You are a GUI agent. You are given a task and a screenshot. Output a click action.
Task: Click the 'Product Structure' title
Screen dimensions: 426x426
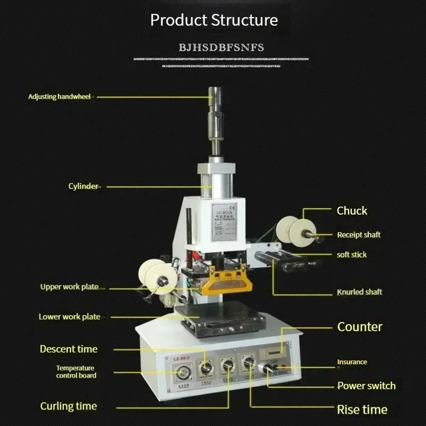(214, 20)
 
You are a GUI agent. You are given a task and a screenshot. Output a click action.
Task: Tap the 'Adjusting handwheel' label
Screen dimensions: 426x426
(59, 96)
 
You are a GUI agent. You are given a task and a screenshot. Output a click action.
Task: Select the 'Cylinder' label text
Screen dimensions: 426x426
(83, 186)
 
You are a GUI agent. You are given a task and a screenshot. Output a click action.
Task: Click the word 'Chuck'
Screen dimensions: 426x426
(351, 211)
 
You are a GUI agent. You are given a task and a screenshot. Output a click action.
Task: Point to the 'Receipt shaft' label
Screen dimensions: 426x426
(358, 234)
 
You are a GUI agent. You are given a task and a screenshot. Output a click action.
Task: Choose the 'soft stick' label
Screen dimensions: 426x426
(351, 255)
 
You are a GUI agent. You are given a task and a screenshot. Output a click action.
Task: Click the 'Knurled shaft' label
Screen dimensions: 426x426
(359, 292)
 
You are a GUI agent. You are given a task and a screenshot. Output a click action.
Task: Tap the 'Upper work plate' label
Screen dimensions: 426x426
(69, 286)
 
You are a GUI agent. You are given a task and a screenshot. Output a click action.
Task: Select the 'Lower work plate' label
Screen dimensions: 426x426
(69, 316)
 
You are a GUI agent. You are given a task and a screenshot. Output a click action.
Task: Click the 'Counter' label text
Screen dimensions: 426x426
(359, 326)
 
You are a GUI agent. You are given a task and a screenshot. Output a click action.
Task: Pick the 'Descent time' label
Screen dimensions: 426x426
(69, 349)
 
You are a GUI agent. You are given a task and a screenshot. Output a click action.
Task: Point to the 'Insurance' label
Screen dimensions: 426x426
(352, 362)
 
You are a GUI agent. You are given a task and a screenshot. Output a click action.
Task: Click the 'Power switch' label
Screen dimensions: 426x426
(366, 386)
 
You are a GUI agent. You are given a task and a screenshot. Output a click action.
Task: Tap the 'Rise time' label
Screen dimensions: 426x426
(362, 409)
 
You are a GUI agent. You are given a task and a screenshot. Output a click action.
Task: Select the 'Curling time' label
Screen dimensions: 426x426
(68, 406)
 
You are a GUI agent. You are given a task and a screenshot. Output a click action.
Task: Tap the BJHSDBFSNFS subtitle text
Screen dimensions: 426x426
(221, 47)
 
